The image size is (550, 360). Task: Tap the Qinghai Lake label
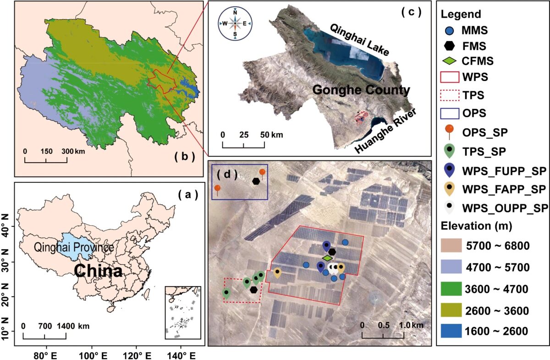pyautogui.click(x=359, y=40)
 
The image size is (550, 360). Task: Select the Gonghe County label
pyautogui.click(x=361, y=90)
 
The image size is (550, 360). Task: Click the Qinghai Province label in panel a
pyautogui.click(x=74, y=248)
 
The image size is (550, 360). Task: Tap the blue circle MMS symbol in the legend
pyautogui.click(x=451, y=31)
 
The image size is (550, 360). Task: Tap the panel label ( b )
pyautogui.click(x=185, y=157)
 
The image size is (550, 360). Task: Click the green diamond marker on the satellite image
pyautogui.click(x=327, y=258)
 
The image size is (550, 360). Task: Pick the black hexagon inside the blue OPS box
pyautogui.click(x=256, y=181)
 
